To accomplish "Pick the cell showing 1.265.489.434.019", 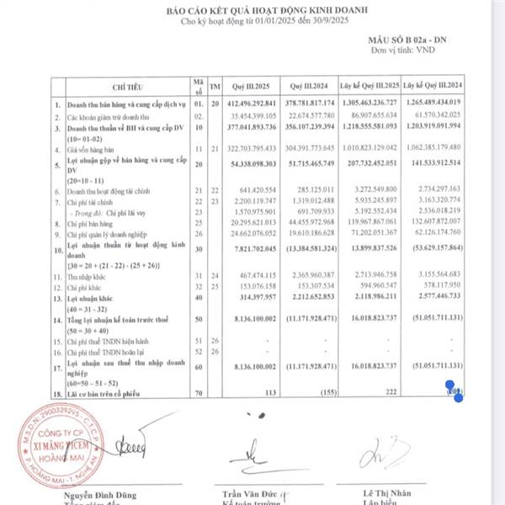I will (x=431, y=104).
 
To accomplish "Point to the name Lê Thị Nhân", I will (x=386, y=492).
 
